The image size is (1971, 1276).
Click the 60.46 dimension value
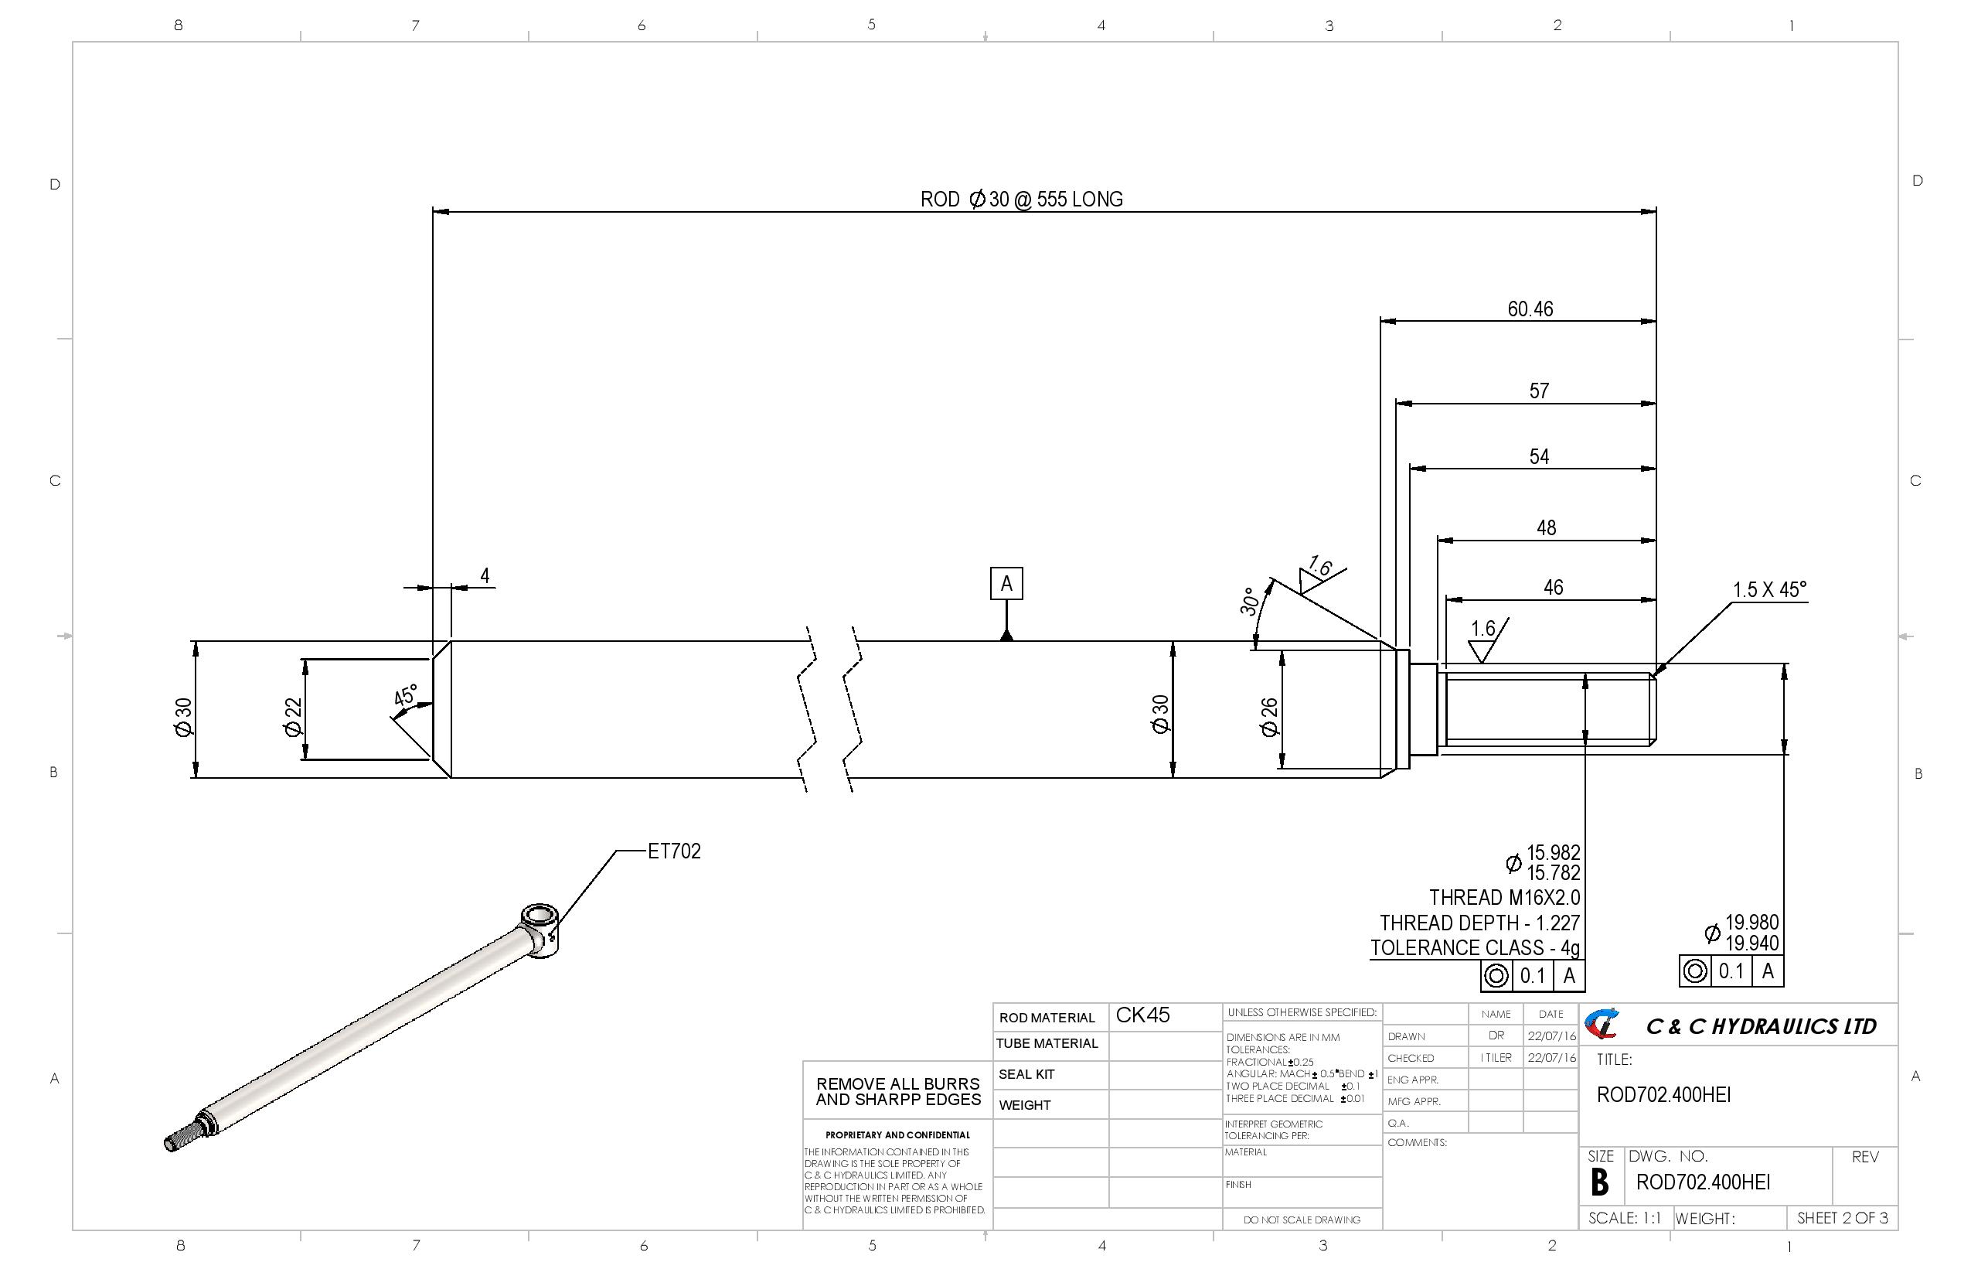click(x=1530, y=309)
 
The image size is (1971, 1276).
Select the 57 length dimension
click(x=1539, y=391)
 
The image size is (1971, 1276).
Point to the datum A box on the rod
click(x=1006, y=583)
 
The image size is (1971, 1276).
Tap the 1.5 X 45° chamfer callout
click(x=1769, y=590)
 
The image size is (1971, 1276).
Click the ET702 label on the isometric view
click(x=674, y=851)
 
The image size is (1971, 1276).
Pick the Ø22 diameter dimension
click(x=293, y=717)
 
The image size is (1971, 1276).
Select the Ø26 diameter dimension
click(x=1268, y=717)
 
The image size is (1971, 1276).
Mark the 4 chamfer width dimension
click(x=485, y=575)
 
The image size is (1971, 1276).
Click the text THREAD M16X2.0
click(x=1504, y=897)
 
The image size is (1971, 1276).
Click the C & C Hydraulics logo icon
click(x=1602, y=1025)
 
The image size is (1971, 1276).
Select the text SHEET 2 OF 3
click(x=1842, y=1218)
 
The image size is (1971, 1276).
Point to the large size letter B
click(x=1600, y=1182)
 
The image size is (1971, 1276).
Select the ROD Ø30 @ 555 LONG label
click(x=1021, y=199)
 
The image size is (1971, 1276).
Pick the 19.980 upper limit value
click(x=1751, y=922)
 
